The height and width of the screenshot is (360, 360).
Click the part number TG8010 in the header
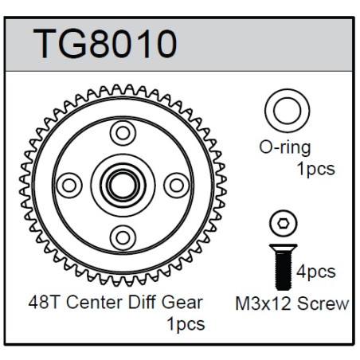[x=104, y=44]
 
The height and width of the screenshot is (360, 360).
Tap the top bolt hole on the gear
[x=123, y=133]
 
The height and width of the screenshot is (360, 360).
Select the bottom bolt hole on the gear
[x=123, y=237]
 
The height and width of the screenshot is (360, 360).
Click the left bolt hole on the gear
[x=69, y=186]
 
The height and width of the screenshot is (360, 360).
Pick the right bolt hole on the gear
[x=177, y=186]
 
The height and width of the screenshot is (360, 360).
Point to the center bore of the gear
[x=123, y=186]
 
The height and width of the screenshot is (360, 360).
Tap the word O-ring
[x=285, y=148]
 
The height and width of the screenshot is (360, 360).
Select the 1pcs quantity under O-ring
[x=315, y=169]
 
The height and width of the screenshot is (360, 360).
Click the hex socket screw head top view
[x=284, y=224]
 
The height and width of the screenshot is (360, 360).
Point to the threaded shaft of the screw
[x=284, y=270]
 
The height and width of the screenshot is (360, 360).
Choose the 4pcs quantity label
[x=316, y=272]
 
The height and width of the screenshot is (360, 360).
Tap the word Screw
[x=323, y=303]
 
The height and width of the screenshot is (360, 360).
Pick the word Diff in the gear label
[x=142, y=303]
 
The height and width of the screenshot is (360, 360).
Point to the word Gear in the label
[x=182, y=303]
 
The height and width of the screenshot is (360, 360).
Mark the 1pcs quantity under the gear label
[x=186, y=324]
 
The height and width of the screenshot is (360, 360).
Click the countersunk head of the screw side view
[x=284, y=248]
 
